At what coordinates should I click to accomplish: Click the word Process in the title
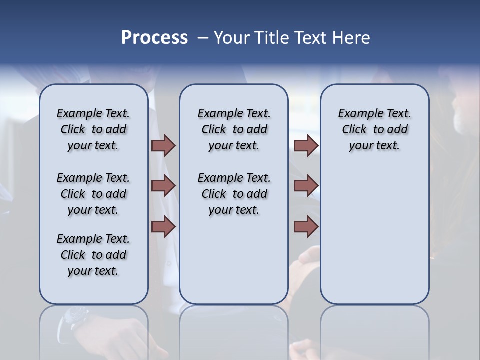click(154, 38)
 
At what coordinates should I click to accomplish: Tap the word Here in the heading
click(351, 38)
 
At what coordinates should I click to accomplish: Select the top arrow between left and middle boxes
click(163, 145)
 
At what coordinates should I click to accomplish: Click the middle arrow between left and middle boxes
click(163, 186)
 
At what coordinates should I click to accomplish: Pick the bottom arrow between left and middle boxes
click(163, 227)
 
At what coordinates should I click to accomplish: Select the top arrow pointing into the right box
click(306, 145)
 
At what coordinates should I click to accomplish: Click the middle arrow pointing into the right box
click(306, 186)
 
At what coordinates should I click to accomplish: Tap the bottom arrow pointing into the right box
click(306, 227)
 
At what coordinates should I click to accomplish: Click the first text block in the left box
click(93, 129)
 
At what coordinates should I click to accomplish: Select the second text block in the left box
click(93, 194)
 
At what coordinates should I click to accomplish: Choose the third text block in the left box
click(93, 255)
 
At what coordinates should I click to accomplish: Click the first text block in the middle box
click(234, 129)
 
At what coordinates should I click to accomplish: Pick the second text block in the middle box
click(234, 194)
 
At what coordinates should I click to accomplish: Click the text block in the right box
click(374, 129)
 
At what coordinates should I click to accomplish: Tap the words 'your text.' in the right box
click(374, 145)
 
